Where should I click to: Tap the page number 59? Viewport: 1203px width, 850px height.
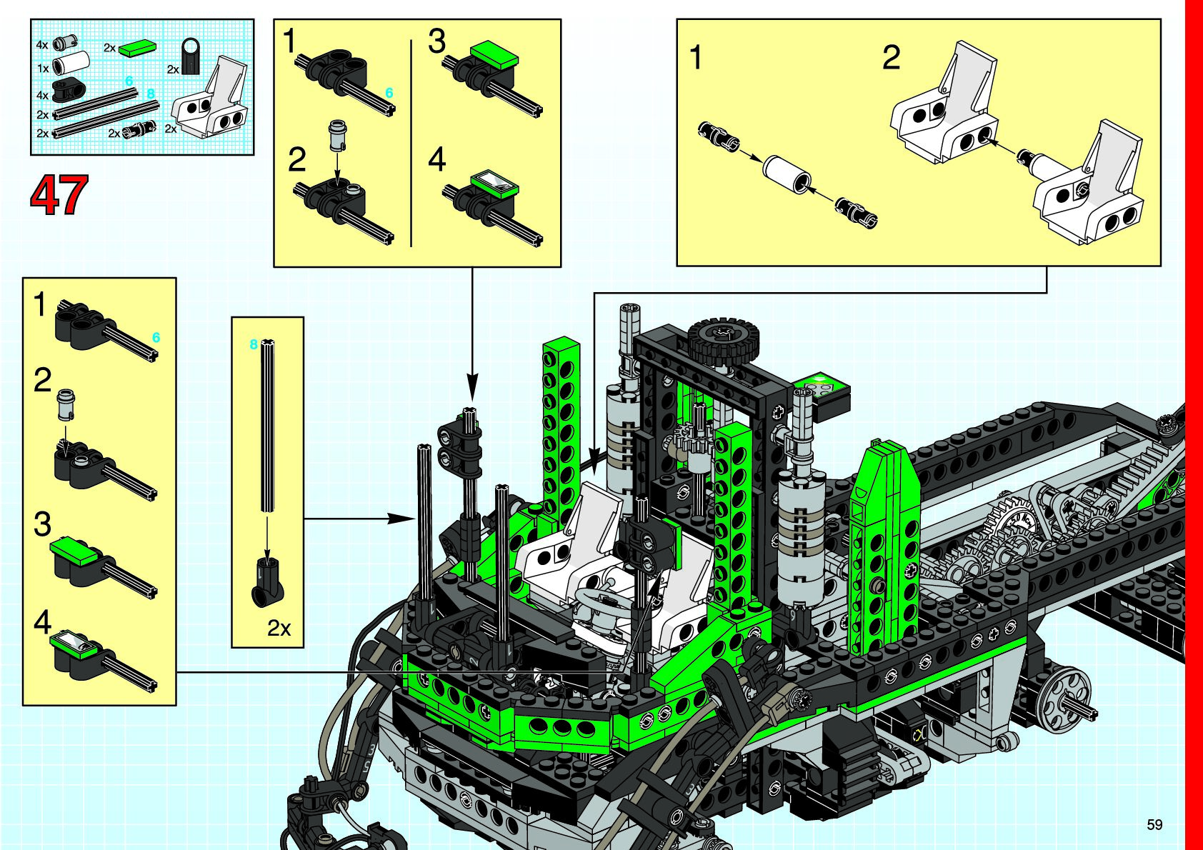click(x=1154, y=824)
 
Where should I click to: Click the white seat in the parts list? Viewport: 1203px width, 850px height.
click(x=211, y=99)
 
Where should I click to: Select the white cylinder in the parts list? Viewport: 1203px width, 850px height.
click(x=72, y=64)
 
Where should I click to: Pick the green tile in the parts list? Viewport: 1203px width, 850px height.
click(x=138, y=48)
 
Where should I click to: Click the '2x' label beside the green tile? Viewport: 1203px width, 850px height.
click(x=109, y=48)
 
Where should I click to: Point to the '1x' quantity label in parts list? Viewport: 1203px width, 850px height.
click(x=43, y=69)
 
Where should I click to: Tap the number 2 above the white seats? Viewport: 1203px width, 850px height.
click(x=891, y=58)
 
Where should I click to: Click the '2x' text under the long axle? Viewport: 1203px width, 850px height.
click(x=279, y=628)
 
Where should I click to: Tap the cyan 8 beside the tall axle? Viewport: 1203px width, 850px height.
click(x=254, y=345)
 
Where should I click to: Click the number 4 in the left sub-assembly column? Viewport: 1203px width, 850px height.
click(x=42, y=622)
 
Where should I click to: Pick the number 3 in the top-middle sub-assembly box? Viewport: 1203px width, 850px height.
click(x=436, y=41)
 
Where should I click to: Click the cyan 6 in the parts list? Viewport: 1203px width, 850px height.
click(x=129, y=81)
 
